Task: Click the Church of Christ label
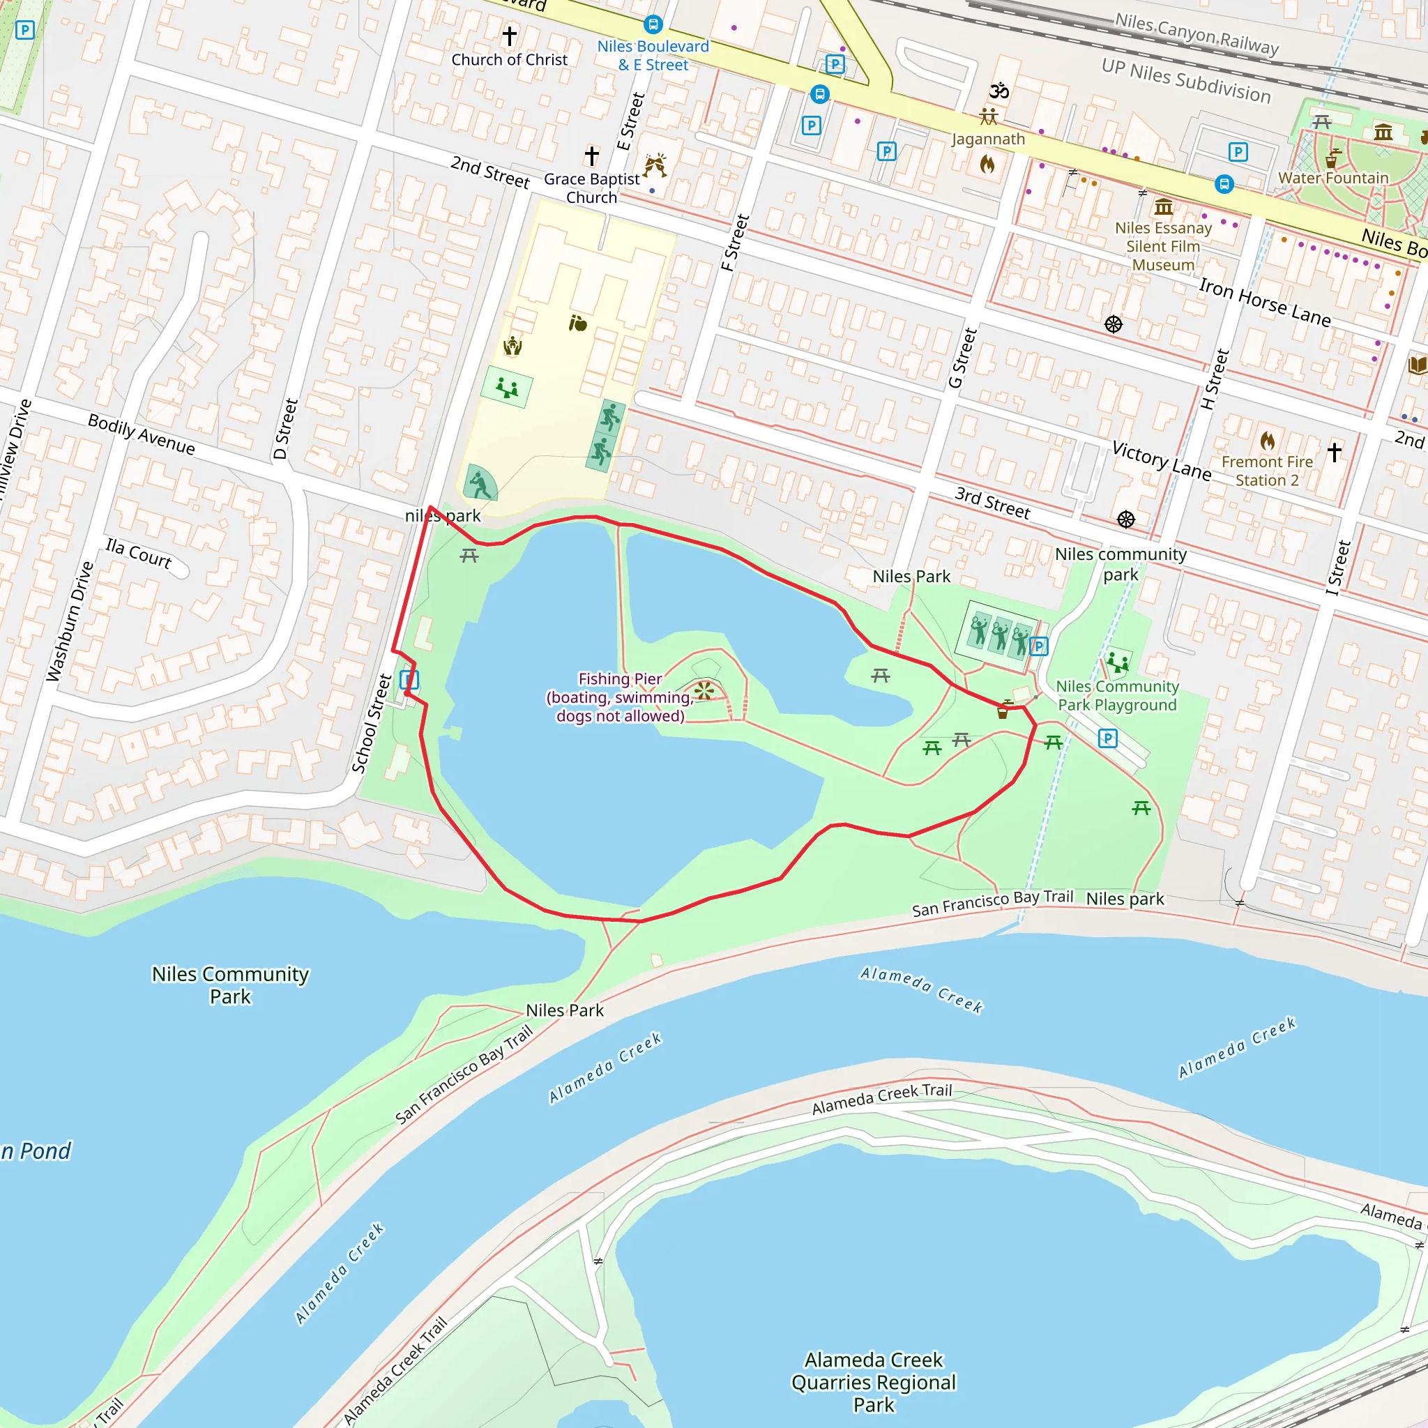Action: (509, 60)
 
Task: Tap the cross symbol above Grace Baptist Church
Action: (591, 156)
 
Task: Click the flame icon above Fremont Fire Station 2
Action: (1267, 441)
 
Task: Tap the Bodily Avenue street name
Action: (141, 434)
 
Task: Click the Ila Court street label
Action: (138, 553)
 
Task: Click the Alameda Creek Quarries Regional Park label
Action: (873, 1382)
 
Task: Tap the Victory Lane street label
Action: (1161, 459)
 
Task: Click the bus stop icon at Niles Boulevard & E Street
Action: (653, 25)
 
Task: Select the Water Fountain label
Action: (1333, 178)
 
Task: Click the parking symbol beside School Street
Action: (409, 678)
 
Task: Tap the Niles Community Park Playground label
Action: (1117, 695)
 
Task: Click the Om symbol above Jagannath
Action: (999, 91)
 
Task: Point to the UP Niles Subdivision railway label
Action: (1185, 79)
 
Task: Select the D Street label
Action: (285, 429)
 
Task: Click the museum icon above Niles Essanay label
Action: (1164, 207)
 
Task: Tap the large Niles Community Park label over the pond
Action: (230, 985)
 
